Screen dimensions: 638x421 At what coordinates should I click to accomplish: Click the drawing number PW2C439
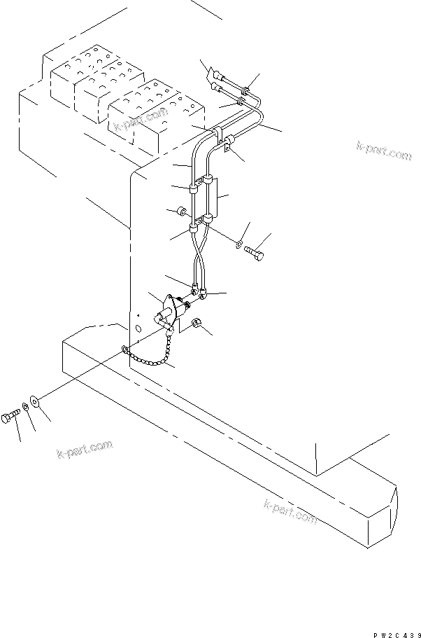(395, 634)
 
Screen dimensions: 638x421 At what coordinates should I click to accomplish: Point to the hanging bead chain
(150, 358)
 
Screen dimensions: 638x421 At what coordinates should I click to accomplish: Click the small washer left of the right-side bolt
(239, 244)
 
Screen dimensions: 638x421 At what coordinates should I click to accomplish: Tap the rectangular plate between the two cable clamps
(213, 198)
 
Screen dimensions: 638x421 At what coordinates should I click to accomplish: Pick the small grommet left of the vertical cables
(180, 211)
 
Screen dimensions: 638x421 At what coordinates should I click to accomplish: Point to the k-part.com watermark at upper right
(383, 150)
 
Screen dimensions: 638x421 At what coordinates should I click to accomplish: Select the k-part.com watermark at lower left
(84, 449)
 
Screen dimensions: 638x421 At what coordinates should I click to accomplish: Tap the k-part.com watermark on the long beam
(290, 513)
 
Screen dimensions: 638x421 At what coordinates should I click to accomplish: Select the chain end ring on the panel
(124, 348)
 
